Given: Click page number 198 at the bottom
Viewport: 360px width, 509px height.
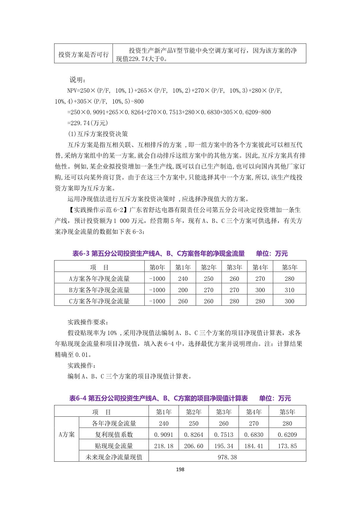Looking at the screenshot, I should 180,469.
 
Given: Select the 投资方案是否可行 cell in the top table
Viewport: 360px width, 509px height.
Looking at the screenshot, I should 84,54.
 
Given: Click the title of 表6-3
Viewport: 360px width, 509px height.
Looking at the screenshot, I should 159,253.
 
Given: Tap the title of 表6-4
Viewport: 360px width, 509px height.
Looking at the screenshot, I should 159,398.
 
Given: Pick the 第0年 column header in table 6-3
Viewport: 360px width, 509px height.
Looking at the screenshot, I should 157,267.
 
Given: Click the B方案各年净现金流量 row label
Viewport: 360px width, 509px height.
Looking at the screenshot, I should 99,290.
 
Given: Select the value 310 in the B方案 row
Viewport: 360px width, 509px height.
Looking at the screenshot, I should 289,290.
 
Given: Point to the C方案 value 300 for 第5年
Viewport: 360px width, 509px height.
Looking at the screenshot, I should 289,301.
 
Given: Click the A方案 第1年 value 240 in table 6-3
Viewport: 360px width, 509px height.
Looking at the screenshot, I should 183,278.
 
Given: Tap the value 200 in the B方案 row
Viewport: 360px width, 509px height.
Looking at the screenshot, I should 183,290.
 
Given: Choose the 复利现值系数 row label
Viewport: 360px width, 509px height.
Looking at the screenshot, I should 114,434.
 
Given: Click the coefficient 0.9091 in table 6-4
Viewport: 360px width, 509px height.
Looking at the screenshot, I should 163,434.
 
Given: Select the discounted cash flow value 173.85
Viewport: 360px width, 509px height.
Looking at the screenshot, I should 287,446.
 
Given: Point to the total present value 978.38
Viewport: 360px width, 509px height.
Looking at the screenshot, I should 227,457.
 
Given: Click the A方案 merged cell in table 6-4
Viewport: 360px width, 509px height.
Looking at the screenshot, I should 66,434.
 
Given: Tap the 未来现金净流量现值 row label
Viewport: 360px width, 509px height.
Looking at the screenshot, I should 114,457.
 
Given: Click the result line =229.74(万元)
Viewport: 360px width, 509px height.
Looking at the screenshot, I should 88,123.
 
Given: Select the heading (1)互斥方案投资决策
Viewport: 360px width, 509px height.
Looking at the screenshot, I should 98,134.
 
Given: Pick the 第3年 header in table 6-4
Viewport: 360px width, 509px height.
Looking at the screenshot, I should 224,412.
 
